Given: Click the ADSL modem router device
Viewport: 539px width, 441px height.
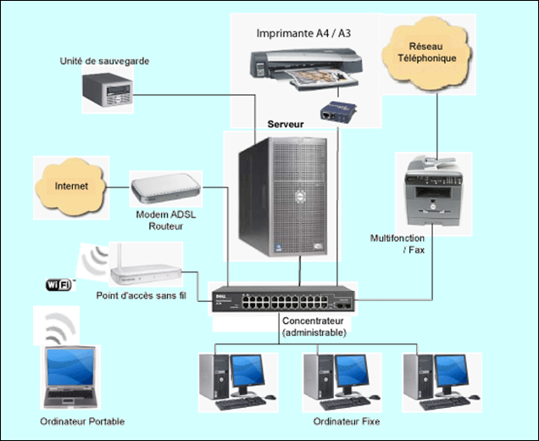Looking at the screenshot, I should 166,187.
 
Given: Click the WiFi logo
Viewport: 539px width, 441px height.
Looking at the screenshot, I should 59,283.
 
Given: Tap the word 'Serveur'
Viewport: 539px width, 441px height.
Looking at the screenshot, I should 286,125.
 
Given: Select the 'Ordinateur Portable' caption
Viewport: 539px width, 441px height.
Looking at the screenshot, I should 82,421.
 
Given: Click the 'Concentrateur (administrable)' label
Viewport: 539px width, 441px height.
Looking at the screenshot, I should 314,327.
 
